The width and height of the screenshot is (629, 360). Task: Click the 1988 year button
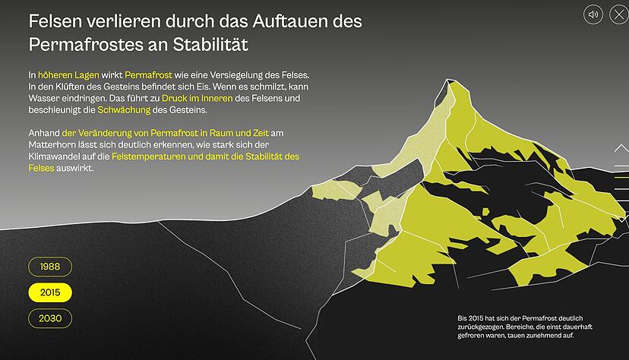click(x=50, y=267)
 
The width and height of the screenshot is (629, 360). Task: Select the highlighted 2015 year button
click(x=50, y=292)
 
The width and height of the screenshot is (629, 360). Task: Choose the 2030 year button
click(x=50, y=318)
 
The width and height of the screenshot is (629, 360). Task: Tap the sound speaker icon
click(x=593, y=14)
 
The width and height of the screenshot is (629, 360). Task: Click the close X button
click(x=618, y=14)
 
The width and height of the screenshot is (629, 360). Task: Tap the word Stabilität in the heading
click(x=207, y=45)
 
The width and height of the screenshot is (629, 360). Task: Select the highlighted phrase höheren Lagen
click(x=65, y=75)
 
